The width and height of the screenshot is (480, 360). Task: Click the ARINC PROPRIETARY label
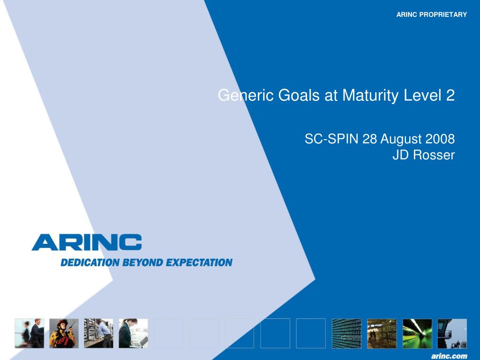click(431, 15)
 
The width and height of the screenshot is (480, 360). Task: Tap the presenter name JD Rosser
click(423, 155)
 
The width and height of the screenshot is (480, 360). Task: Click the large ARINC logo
click(87, 242)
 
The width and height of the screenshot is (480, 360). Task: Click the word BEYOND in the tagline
click(142, 262)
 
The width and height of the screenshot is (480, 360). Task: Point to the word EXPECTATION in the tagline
click(199, 262)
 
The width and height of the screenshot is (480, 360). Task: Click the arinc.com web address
click(449, 356)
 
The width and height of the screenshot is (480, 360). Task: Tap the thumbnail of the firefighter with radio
click(64, 333)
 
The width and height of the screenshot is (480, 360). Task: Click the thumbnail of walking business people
click(30, 333)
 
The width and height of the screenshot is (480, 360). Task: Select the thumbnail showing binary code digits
click(346, 333)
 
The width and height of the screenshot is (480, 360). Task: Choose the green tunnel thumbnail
click(417, 333)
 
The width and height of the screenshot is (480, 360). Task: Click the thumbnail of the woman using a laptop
click(133, 333)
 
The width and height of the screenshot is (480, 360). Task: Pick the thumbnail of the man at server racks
click(98, 333)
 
